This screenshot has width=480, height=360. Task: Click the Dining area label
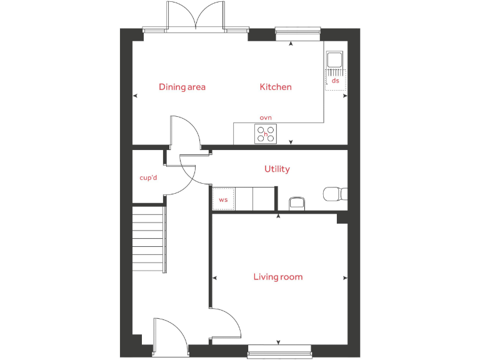pos(182,87)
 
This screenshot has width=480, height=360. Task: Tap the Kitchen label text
pos(276,87)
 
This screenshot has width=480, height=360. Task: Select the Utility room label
pos(277,169)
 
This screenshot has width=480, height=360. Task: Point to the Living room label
pos(278,277)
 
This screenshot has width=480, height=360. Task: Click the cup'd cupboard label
pos(148,177)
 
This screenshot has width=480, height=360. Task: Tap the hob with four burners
pos(266,134)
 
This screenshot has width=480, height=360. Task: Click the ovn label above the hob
pos(266,117)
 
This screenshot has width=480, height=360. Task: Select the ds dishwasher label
pos(336,81)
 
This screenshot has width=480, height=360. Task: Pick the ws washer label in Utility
pos(223,200)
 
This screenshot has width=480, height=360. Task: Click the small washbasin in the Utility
pos(296,203)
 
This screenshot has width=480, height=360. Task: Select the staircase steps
pos(149,238)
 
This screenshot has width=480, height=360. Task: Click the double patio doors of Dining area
pos(196,16)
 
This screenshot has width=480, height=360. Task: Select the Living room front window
pos(279,352)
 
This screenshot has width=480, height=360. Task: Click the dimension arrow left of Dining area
pos(136,96)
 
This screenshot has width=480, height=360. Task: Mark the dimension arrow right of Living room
pos(345,277)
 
